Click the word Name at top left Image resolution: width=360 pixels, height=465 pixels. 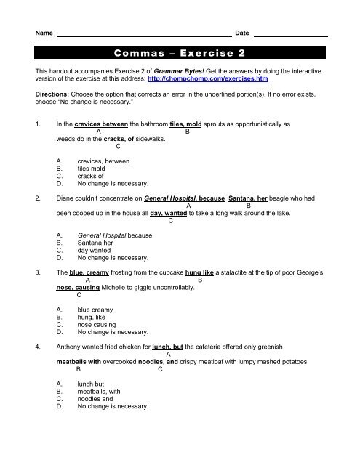[x=44, y=34]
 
